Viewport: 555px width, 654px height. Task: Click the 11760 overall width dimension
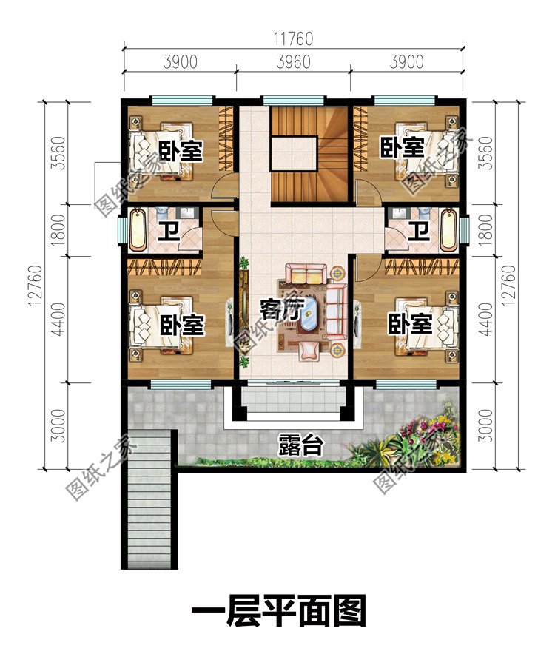tap(293, 38)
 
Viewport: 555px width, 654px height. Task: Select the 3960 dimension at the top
tap(293, 62)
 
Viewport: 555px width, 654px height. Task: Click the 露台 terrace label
tap(300, 445)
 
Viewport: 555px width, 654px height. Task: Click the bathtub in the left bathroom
tap(138, 230)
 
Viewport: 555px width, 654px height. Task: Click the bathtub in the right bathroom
tap(449, 230)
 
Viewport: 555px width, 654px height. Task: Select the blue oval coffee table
tap(309, 314)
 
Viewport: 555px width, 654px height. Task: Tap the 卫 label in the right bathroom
tap(418, 232)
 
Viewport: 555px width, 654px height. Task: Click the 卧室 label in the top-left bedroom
tap(181, 151)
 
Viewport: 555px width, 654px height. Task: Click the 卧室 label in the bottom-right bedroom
tap(410, 324)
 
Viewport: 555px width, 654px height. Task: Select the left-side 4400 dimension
tap(59, 320)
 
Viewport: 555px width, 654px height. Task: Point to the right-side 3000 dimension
tap(486, 425)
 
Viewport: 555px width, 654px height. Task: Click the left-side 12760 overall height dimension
tap(36, 285)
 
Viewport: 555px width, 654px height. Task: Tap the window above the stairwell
tap(293, 100)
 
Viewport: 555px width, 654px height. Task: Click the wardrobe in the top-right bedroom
tap(360, 139)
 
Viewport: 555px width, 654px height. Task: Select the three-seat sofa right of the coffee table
tap(336, 311)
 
